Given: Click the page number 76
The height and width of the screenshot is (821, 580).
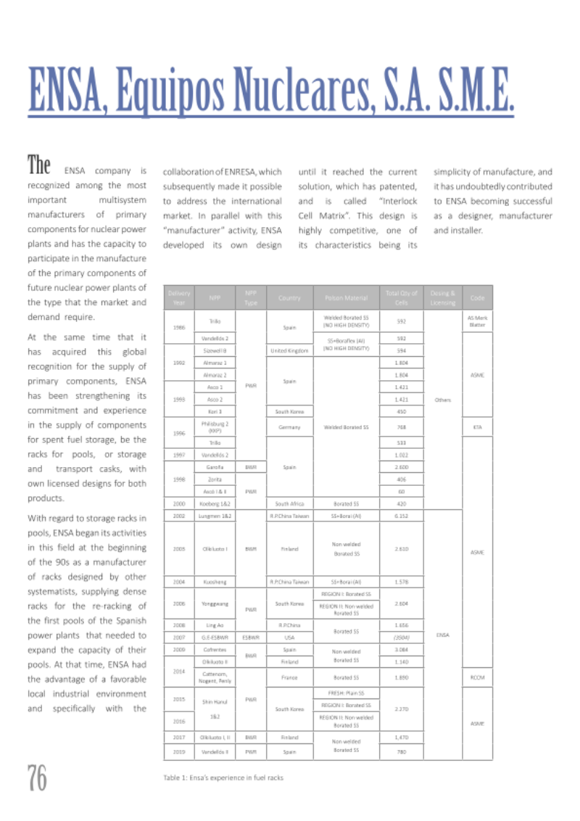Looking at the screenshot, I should pos(38,778).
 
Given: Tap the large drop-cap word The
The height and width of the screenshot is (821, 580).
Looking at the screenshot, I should pos(39,165).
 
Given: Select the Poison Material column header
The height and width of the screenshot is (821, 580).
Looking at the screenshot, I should pos(347,297).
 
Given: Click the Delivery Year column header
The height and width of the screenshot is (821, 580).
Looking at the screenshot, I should pos(178,297).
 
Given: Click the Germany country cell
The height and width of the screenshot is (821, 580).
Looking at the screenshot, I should pos(289,427).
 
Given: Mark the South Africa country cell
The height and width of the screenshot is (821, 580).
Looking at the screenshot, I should pos(289,502).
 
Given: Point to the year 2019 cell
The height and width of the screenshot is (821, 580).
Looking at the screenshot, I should pos(178,751).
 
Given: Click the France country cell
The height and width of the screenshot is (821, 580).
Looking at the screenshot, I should pos(289,677).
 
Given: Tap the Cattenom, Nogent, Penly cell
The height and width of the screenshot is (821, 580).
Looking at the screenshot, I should pos(215,677).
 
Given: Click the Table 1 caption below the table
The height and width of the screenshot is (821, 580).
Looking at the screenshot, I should pos(223,777).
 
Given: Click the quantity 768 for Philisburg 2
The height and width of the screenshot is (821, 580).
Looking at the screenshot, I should pos(399,427).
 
